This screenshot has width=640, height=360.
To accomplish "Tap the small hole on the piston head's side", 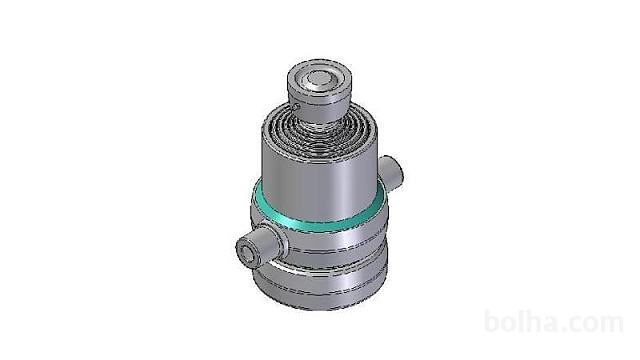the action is click(296, 107).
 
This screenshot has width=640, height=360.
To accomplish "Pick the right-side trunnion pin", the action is click(391, 173).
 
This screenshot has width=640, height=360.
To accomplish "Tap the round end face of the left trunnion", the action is click(247, 252).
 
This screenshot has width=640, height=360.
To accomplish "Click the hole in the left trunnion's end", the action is click(246, 253).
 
